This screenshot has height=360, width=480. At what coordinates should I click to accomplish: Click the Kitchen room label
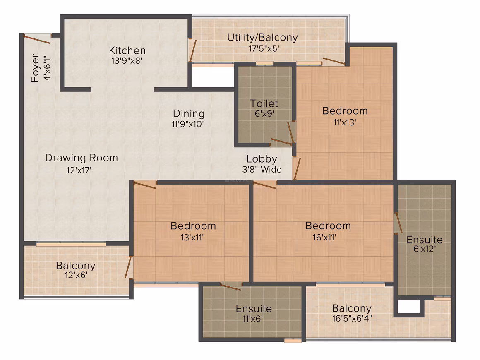127,50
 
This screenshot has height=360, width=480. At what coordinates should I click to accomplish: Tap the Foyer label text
35,68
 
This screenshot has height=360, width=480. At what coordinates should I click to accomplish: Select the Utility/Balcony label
262,38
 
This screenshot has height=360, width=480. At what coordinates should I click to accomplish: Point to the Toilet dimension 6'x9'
264,114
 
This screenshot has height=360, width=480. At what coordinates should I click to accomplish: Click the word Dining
189,114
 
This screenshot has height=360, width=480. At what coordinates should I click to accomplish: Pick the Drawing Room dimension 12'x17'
79,170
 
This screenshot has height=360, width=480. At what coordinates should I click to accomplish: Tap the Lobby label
262,159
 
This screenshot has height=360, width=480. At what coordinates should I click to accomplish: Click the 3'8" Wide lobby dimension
262,169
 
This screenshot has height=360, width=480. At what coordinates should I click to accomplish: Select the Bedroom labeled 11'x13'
345,111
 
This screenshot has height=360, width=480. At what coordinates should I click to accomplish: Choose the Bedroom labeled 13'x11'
193,226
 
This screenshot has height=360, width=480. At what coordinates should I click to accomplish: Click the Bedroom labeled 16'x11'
328,226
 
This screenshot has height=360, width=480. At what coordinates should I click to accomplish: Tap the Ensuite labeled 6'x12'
424,240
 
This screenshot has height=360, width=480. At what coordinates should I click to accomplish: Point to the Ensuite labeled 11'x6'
254,309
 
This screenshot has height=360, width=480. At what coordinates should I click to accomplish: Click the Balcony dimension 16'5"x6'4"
352,318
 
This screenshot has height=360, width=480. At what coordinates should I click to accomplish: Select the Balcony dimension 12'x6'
76,275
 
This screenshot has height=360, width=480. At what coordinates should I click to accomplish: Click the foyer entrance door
37,39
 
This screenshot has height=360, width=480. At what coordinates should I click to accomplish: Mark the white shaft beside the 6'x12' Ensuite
408,307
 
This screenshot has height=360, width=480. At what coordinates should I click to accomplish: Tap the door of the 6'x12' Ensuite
399,223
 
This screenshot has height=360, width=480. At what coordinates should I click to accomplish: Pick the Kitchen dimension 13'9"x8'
127,60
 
